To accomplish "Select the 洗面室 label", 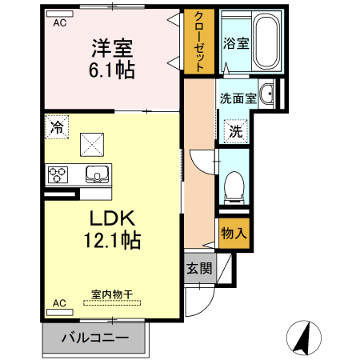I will pos(238,98).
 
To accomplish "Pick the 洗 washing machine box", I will pos(235,130).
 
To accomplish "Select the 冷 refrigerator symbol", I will pos(57,126).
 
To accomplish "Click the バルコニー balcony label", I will pos(95,338).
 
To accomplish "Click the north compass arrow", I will pos(305,337).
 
